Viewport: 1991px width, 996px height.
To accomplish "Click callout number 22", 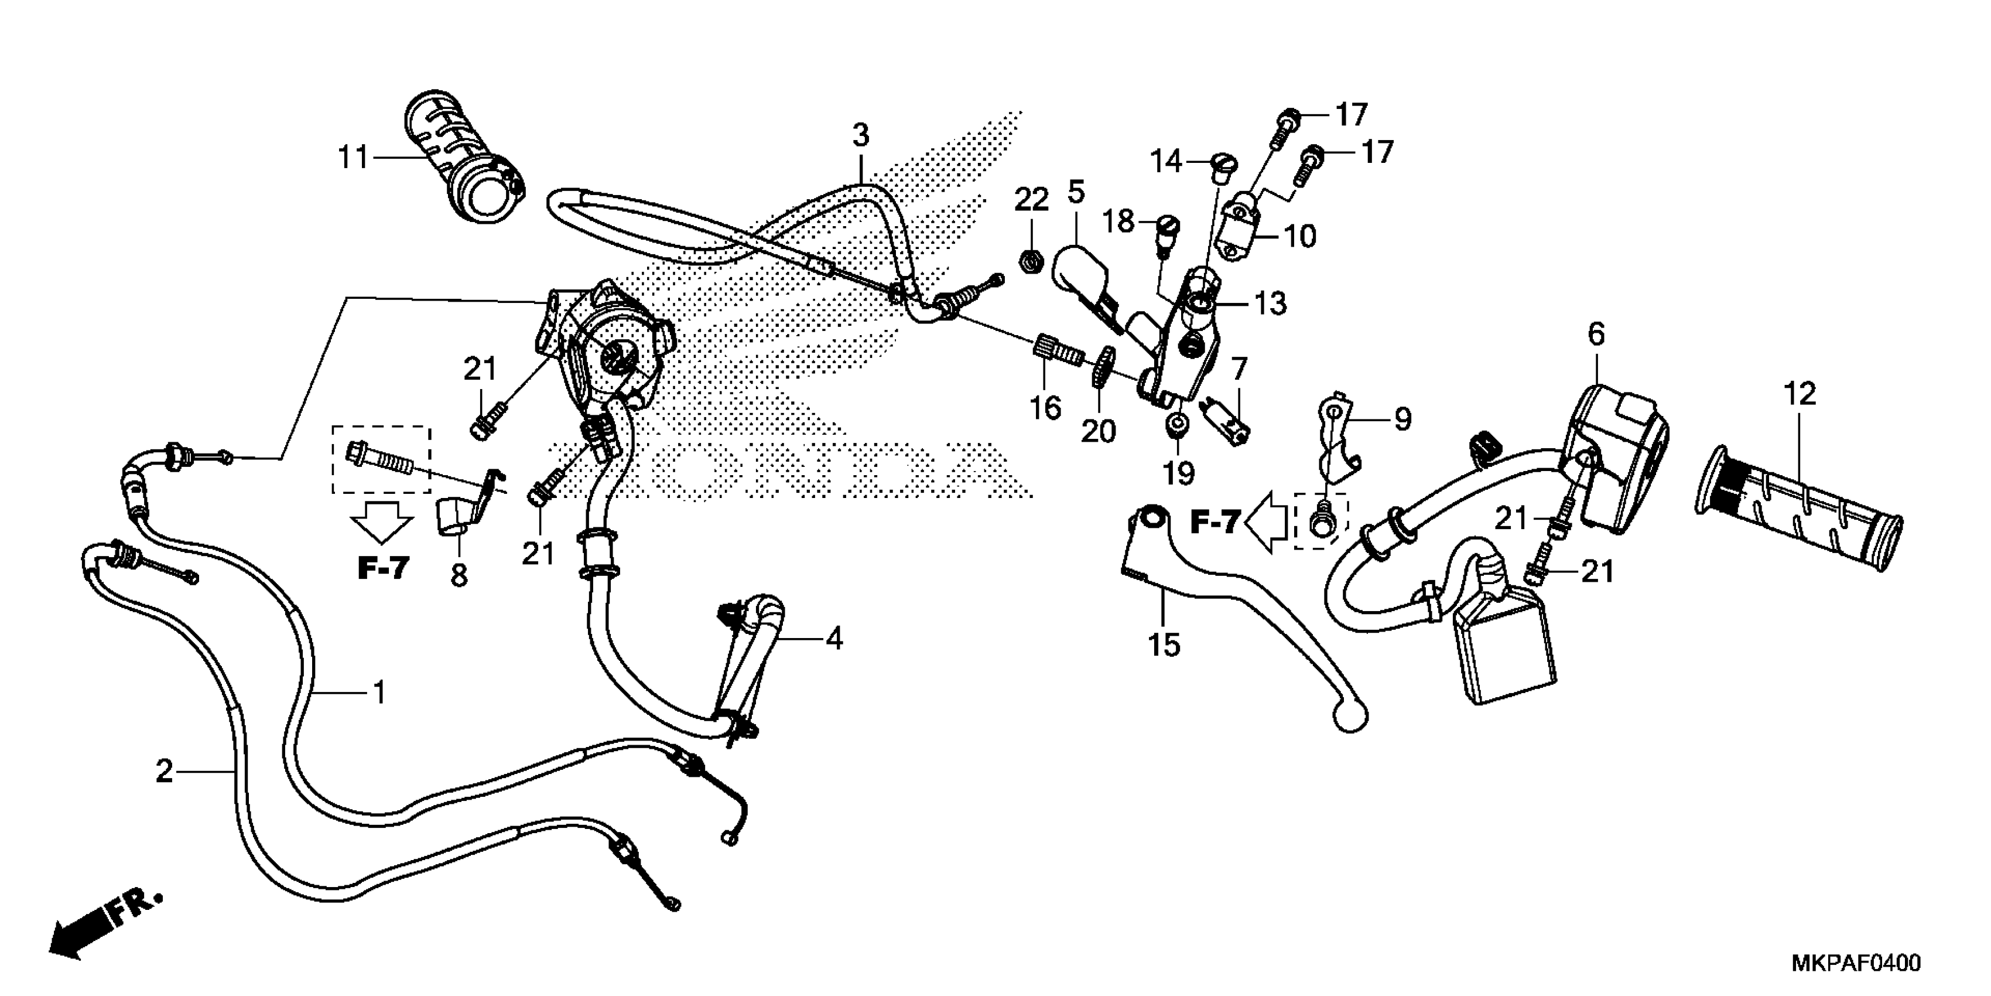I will tap(1031, 200).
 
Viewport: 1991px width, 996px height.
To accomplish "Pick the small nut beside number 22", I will tap(1029, 264).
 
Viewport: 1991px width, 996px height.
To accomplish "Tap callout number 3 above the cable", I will tap(861, 135).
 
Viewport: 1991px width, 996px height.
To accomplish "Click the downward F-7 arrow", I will tap(381, 521).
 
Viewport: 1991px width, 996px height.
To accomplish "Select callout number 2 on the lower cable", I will tap(164, 771).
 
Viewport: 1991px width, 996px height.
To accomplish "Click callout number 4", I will tap(833, 639).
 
